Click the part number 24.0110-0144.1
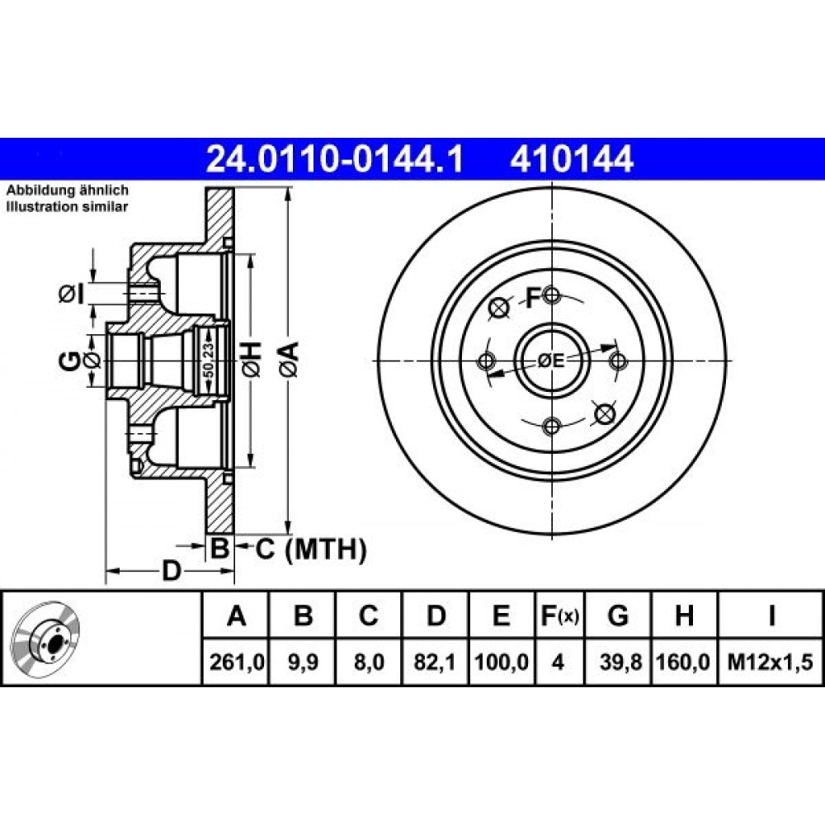click(335, 159)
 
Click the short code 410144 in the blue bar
click(571, 159)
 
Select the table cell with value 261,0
click(236, 662)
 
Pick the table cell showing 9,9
click(303, 662)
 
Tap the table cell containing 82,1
click(435, 662)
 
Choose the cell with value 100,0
click(502, 662)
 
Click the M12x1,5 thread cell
click(770, 662)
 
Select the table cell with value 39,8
click(618, 662)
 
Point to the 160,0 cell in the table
click(685, 662)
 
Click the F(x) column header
click(560, 615)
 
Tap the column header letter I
click(771, 615)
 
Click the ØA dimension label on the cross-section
click(290, 358)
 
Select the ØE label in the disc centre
click(551, 361)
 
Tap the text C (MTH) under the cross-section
click(310, 549)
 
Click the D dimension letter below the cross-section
click(171, 571)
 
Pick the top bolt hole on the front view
click(551, 295)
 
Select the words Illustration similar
click(67, 207)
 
